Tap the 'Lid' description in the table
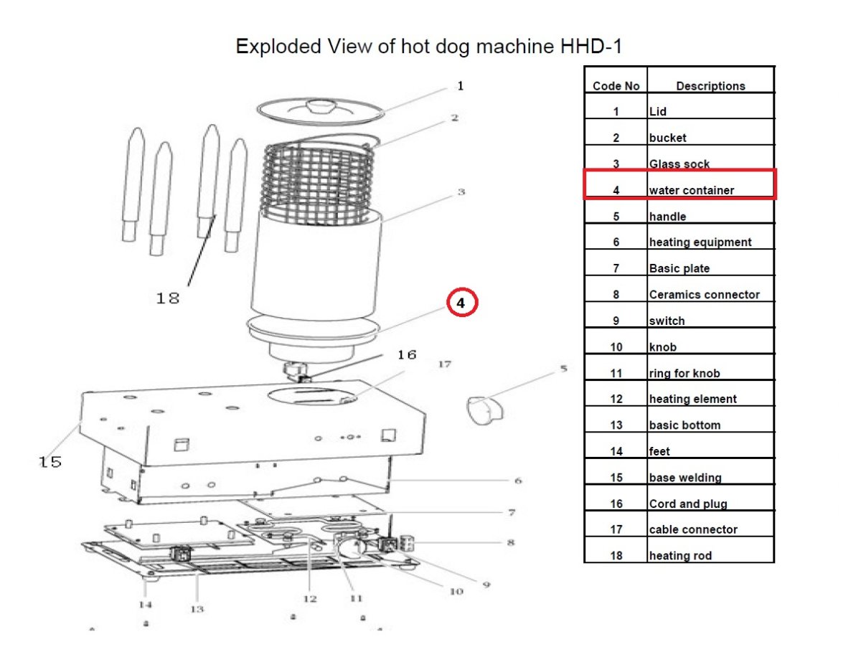658,111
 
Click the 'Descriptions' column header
710,86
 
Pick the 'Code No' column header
616,86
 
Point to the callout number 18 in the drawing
168,298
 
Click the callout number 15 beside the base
50,462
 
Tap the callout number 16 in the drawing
407,355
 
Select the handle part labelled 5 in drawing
484,410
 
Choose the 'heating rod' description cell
680,555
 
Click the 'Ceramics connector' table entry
704,294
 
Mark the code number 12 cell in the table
616,399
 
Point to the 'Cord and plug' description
687,504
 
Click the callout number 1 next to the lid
460,86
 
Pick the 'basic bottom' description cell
684,425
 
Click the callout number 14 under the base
146,605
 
